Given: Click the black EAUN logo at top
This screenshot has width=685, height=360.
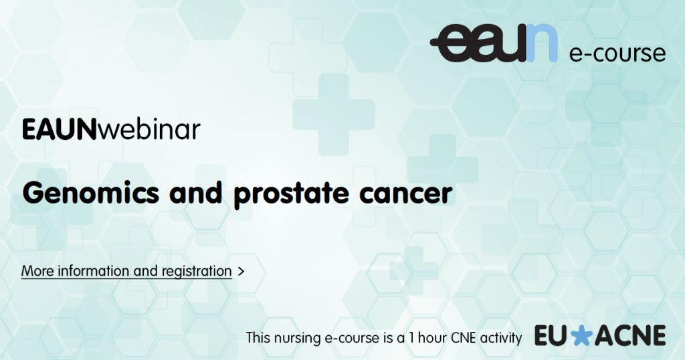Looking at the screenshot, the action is click(494, 43).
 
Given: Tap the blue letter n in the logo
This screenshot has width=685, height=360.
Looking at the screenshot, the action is click(542, 43).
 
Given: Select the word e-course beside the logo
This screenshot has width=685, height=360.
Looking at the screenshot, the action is click(617, 54).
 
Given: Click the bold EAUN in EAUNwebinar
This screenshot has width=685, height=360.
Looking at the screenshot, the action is click(59, 130).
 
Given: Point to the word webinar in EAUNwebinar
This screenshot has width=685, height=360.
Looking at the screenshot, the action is click(149, 129).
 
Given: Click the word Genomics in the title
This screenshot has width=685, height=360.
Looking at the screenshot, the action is click(91, 193).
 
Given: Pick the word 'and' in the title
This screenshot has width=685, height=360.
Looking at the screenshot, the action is click(196, 193).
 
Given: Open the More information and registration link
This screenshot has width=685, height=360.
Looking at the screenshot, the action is click(126, 271).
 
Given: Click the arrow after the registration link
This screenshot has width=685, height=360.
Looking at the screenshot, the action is click(241, 272).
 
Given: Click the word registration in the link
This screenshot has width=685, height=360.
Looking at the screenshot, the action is click(197, 272).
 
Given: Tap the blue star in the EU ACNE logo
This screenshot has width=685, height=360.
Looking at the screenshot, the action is click(581, 336).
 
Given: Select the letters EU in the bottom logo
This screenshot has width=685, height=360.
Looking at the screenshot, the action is click(552, 336).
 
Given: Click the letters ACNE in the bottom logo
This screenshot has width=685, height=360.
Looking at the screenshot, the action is click(630, 336).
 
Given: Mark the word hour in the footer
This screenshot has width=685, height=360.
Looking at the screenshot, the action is click(433, 338).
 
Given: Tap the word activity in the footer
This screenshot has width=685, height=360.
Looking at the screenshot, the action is click(500, 339).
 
